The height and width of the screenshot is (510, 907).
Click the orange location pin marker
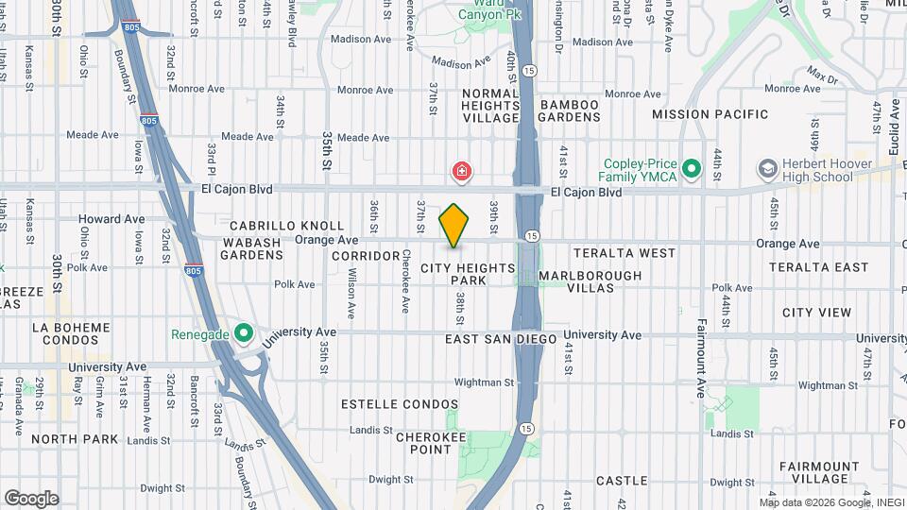click(454, 226)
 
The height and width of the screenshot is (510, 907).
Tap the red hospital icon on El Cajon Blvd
click(462, 173)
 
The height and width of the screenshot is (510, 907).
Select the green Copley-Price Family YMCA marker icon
click(692, 169)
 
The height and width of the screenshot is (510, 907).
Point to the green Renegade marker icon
click(243, 333)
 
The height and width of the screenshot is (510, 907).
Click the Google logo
click(31, 499)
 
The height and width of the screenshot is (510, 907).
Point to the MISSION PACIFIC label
click(710, 114)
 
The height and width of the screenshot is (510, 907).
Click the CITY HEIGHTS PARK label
click(481, 275)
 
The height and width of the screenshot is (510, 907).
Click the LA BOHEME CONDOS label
click(71, 334)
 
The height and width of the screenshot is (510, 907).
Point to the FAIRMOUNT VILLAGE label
click(819, 473)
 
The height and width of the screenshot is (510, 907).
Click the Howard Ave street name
click(111, 219)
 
